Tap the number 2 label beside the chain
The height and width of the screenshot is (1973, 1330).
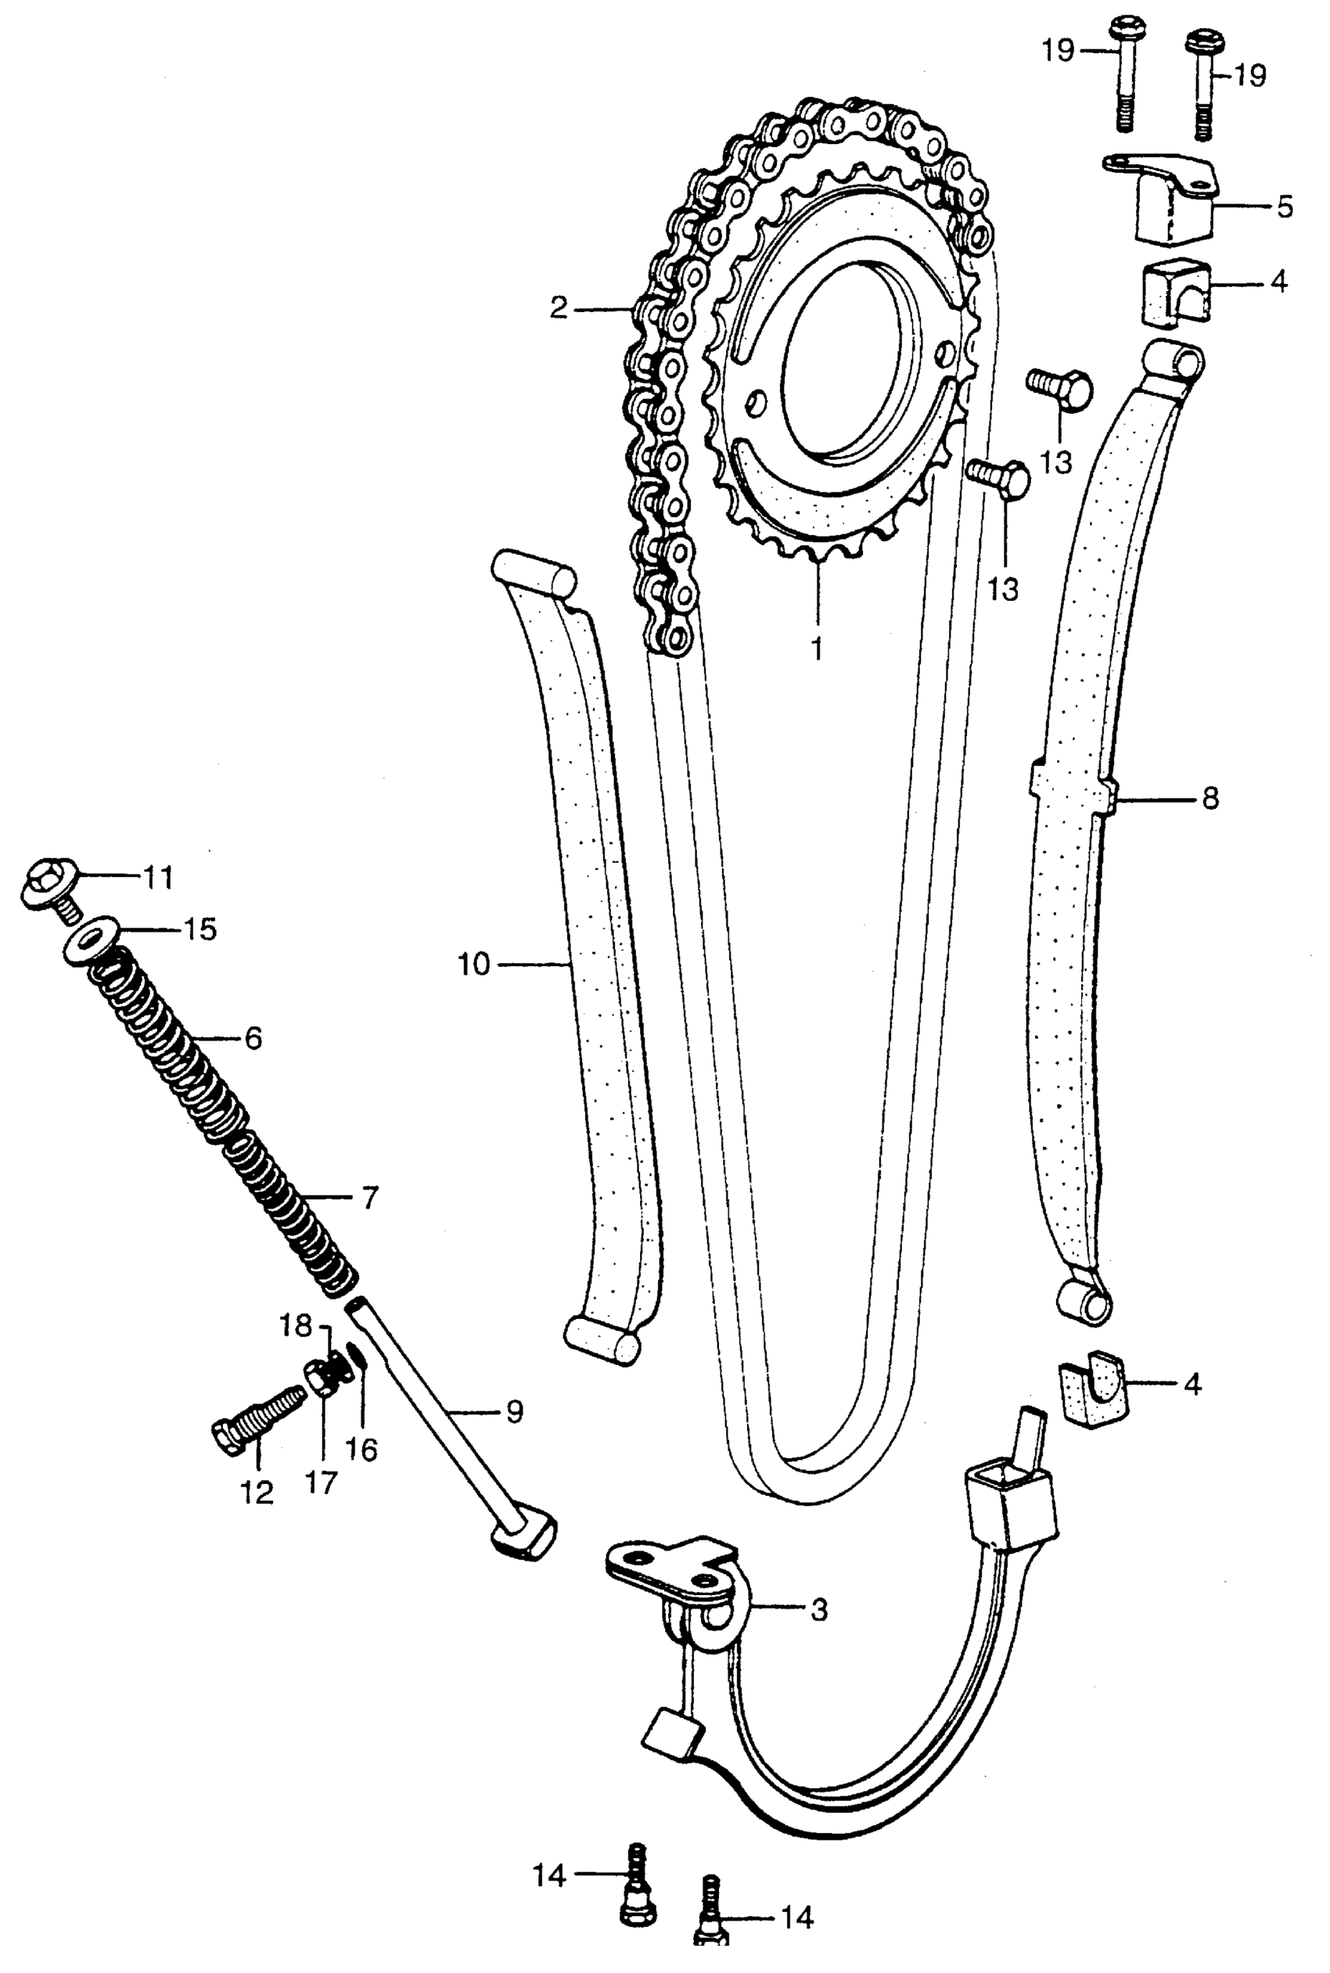558,308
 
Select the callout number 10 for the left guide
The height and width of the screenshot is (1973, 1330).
474,965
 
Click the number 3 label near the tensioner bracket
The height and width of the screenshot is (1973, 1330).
818,1610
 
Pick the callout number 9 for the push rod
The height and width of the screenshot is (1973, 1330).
515,1411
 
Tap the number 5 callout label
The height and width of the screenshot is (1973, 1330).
1284,206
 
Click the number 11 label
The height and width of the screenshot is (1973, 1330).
157,877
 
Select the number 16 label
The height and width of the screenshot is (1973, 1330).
362,1450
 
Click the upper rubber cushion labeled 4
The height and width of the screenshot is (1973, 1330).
1177,293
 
